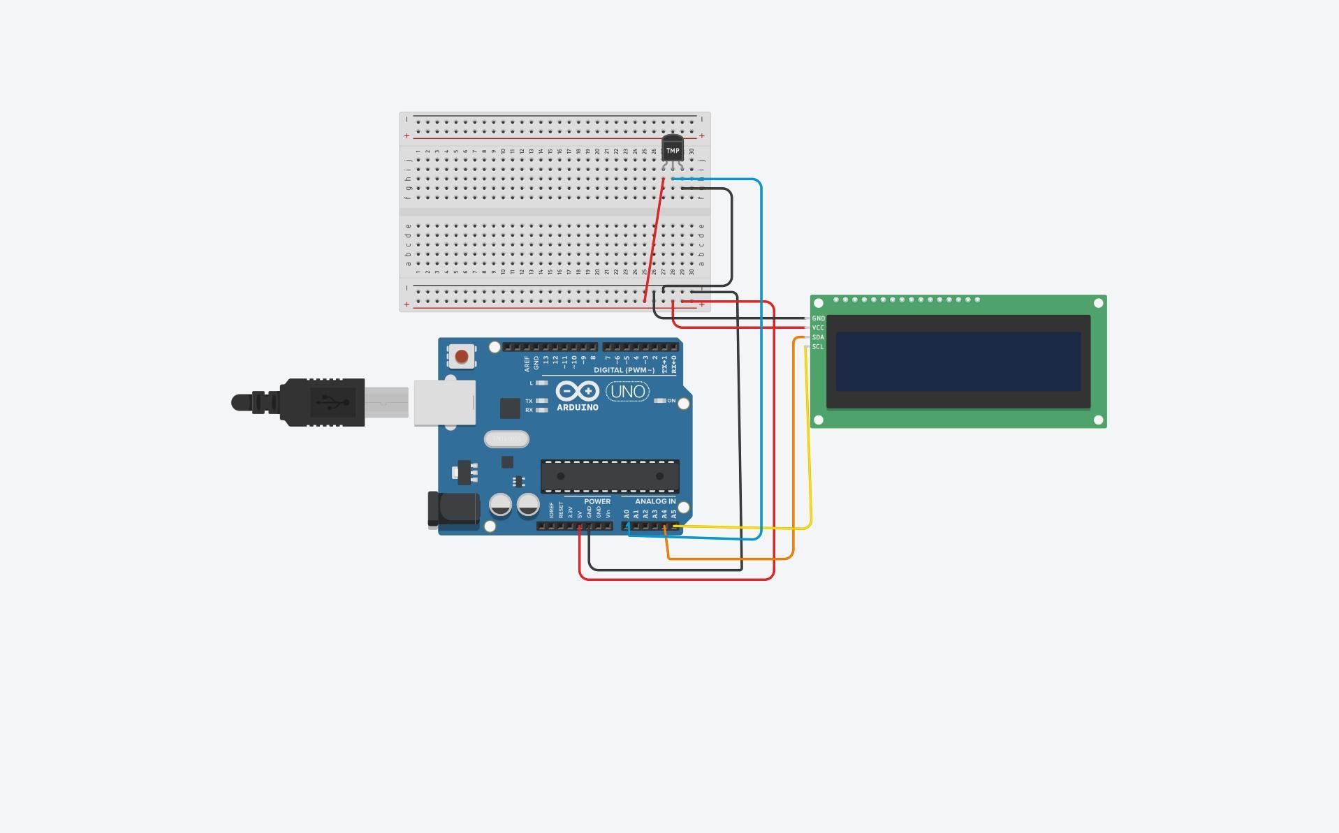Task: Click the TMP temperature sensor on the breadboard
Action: (672, 149)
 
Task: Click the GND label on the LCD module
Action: (818, 318)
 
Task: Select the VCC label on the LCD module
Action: (818, 328)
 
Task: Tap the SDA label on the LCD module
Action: (818, 337)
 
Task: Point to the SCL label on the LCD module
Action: (818, 347)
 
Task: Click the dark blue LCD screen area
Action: (958, 361)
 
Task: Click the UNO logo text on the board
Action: (627, 392)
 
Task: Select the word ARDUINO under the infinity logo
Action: (577, 408)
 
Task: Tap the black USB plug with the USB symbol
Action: (323, 402)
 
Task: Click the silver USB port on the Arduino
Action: (444, 403)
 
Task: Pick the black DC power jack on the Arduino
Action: (454, 509)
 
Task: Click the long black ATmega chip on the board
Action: (610, 476)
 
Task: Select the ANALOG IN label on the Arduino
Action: (654, 501)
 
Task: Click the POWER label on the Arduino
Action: (597, 501)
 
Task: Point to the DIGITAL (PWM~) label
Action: (624, 370)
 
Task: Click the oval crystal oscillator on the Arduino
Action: (506, 439)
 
